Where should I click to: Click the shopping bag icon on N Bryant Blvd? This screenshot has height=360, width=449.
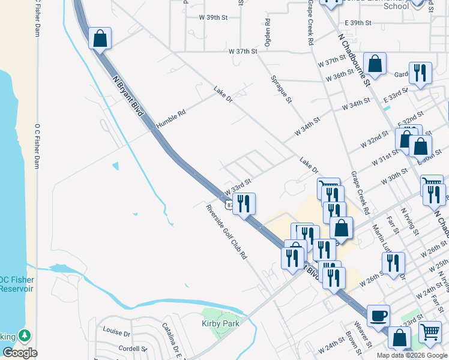(x=100, y=38)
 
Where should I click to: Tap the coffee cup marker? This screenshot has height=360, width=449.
(x=378, y=315)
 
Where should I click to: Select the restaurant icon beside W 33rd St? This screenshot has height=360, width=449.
(x=244, y=203)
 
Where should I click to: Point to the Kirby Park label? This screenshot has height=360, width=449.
(x=220, y=324)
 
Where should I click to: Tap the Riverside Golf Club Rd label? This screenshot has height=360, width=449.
(x=227, y=232)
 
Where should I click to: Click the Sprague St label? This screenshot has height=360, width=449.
(x=281, y=89)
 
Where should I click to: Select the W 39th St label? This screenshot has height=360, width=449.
(x=213, y=18)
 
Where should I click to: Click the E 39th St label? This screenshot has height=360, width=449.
(x=359, y=23)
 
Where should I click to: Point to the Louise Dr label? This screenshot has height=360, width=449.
(x=116, y=332)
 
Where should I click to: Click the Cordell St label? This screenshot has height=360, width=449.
(x=133, y=349)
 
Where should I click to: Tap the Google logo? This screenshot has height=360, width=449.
(x=20, y=353)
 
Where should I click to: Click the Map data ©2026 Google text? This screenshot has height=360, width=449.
(x=412, y=355)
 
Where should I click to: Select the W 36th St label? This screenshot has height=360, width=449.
(x=340, y=76)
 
